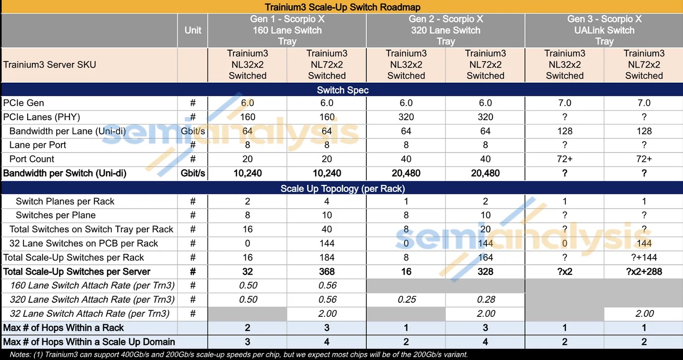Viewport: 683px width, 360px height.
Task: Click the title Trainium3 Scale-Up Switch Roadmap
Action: (x=342, y=7)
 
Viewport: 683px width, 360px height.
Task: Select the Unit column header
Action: (x=192, y=30)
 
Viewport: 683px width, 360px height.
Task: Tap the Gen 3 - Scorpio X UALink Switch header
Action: (x=604, y=30)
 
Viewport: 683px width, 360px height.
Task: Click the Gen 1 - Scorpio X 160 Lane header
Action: (x=287, y=30)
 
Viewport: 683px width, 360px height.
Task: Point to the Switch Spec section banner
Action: (x=342, y=90)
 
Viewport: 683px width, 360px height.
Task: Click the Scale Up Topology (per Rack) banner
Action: (x=342, y=189)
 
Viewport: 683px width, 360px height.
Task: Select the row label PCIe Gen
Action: (x=23, y=103)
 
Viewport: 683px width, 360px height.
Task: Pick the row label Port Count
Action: (x=31, y=159)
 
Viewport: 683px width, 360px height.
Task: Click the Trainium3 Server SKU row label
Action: (x=49, y=64)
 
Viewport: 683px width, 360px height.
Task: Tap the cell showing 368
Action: (x=327, y=271)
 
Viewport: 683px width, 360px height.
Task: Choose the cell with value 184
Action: (x=327, y=257)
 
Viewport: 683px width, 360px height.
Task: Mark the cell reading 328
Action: (x=486, y=271)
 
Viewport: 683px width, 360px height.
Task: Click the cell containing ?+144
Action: (x=644, y=257)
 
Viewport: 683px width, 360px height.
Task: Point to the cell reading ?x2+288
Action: (x=644, y=271)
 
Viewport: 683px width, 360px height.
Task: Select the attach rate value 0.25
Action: (x=406, y=299)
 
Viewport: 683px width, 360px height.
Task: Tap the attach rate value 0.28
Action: (x=486, y=299)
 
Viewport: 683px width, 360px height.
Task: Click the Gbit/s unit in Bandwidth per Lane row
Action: (x=192, y=131)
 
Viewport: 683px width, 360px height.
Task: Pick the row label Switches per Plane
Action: (x=55, y=215)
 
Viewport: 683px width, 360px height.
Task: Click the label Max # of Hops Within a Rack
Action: (x=63, y=328)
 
